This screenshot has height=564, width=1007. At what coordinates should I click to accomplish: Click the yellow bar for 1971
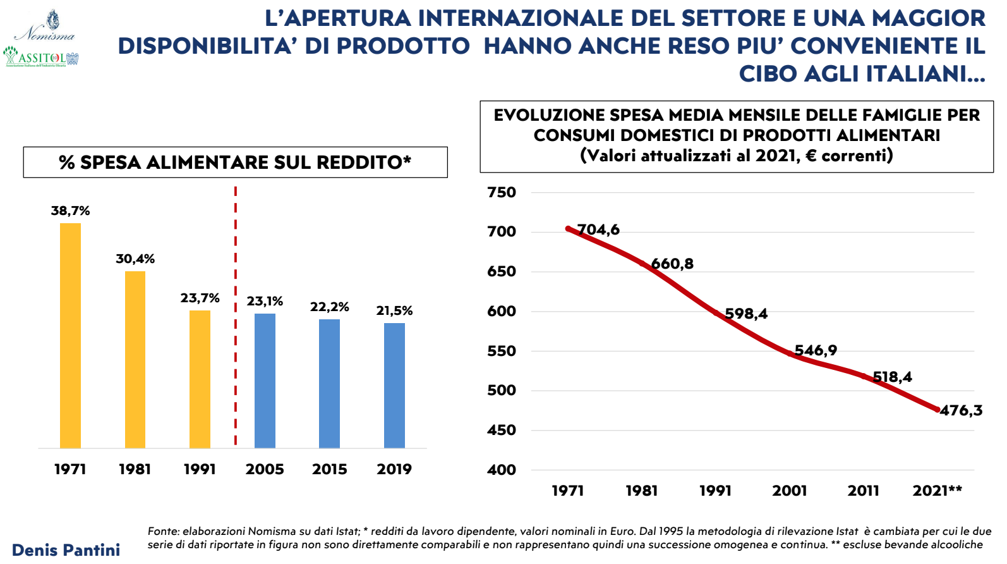pos(70,335)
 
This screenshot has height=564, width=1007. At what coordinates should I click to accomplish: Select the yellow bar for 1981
pos(135,359)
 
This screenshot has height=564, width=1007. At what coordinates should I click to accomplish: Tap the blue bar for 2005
pos(265,381)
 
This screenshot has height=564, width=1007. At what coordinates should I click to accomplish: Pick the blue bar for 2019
pos(394,385)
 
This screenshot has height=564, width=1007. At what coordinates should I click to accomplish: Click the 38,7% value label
pos(70,211)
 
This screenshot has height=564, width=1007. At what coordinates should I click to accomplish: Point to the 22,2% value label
pos(329,307)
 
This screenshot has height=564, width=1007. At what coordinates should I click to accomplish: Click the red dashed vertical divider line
pos(236,316)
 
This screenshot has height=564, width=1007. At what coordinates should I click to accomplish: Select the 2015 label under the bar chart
pos(329,469)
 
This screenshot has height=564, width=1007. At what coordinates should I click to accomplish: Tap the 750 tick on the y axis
pos(502,192)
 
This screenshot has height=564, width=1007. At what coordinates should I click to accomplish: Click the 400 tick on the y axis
pos(502,470)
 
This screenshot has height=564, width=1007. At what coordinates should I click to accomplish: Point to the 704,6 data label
pos(598,230)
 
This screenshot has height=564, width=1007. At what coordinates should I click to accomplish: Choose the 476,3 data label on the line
pos(961,410)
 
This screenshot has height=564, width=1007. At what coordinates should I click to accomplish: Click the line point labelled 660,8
pos(642,264)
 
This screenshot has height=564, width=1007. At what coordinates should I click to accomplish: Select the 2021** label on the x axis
pos(937,491)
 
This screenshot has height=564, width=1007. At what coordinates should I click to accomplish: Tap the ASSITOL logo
pos(41,57)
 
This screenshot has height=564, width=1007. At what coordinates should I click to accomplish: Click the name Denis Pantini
pos(66,549)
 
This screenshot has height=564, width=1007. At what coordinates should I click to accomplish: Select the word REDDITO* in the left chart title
pos(363,162)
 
